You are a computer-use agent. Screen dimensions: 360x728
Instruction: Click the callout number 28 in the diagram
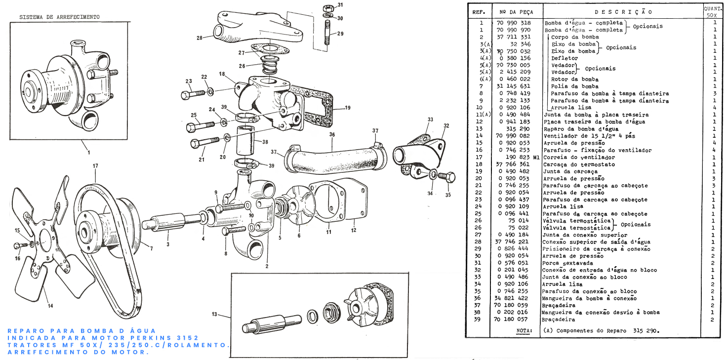(199, 38)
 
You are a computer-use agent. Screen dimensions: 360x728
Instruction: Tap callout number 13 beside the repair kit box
(214, 314)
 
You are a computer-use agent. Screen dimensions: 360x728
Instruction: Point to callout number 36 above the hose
(332, 134)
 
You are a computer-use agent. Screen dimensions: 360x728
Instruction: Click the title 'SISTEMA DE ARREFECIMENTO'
(59, 17)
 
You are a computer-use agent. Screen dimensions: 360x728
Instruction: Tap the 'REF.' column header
(479, 11)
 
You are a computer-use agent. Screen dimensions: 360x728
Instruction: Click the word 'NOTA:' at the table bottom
(524, 330)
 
